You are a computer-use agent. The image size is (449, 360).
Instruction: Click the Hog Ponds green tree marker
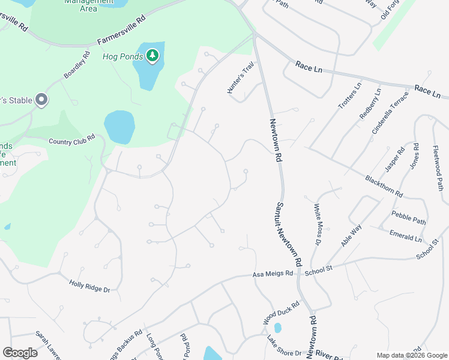click(153, 56)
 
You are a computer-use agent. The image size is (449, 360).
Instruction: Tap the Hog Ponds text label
click(122, 57)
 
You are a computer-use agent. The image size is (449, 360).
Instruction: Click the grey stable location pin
click(41, 100)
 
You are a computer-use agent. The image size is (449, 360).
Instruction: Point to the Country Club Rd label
click(72, 139)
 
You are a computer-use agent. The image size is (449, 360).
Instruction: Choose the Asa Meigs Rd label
click(273, 274)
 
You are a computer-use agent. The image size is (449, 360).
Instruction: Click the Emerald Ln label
click(406, 235)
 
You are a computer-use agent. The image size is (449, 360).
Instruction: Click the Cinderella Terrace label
click(390, 113)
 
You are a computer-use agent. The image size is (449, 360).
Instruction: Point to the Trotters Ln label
click(350, 95)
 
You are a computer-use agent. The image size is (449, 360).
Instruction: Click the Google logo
click(20, 352)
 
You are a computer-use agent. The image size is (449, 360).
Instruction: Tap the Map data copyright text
click(411, 355)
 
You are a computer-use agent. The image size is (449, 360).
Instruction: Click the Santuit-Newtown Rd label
click(289, 234)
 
